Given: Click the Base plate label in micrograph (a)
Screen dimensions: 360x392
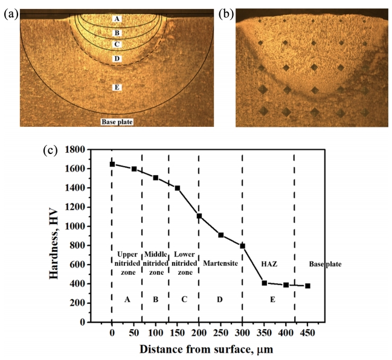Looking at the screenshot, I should coord(117,122).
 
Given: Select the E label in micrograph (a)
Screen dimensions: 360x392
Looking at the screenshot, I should coord(117,88).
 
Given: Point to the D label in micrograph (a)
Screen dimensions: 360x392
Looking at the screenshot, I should coord(117,59).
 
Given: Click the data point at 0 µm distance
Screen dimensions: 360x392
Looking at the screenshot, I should coord(112,164).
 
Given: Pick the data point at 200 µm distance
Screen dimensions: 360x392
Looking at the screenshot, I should coord(199,216).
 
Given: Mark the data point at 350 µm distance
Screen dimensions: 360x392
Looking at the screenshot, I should coord(264,283).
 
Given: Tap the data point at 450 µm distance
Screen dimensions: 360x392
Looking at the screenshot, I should coord(307,286).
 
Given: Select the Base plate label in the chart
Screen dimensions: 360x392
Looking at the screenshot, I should coord(325,264).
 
